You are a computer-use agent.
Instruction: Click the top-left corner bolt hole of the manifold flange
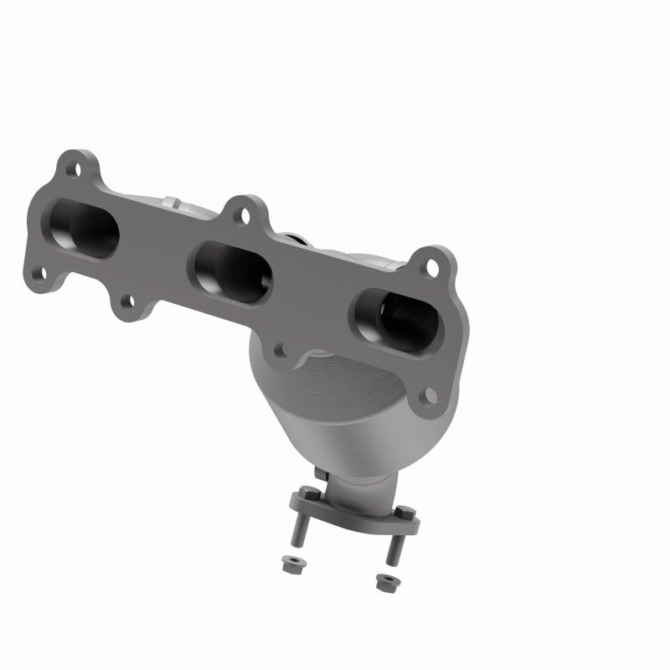[x=76, y=170]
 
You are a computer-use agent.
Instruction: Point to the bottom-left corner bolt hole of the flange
[x=39, y=274]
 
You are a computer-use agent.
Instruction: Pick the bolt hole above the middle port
[x=243, y=215]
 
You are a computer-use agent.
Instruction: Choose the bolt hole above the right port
[x=432, y=267]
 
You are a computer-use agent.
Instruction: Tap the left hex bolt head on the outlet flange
[x=308, y=493]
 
